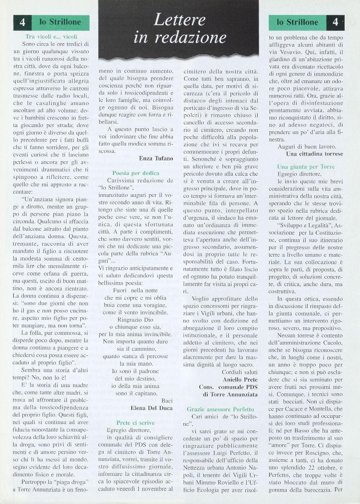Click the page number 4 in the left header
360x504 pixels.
click(x=22, y=23)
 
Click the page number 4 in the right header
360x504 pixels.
click(x=335, y=22)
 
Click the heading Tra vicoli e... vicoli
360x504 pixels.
click(x=51, y=37)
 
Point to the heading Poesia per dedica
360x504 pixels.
click(x=136, y=173)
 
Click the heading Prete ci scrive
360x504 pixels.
click(x=136, y=423)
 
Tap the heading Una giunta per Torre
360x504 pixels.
click(x=306, y=167)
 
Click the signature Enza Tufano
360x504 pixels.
click(x=156, y=159)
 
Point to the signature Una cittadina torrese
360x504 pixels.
click(x=314, y=154)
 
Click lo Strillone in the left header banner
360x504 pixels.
click(x=61, y=22)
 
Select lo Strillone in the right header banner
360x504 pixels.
click(x=297, y=22)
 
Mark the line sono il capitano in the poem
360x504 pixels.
click(x=136, y=393)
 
